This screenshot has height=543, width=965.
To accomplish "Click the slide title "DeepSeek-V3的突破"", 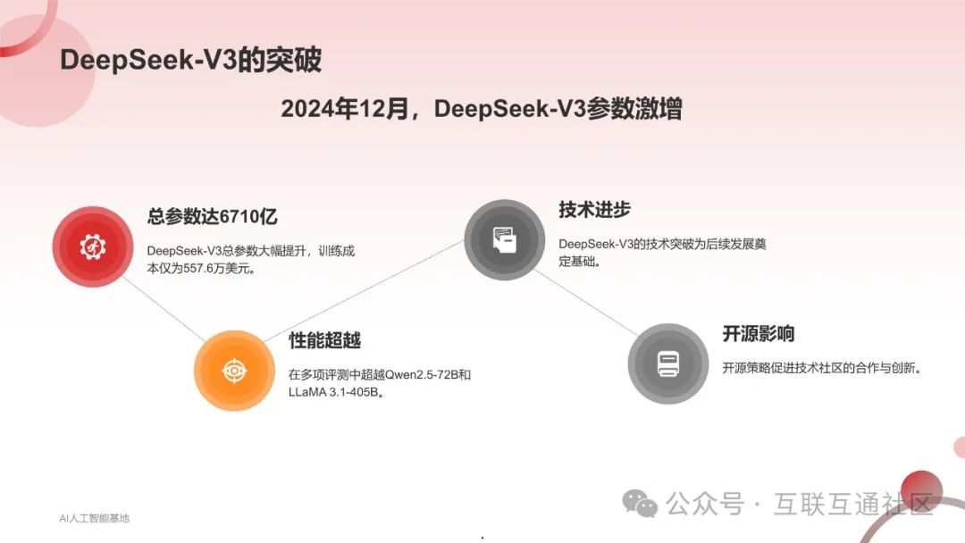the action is click(x=190, y=60).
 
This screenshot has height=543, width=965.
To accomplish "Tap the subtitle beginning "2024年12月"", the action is click(x=482, y=109).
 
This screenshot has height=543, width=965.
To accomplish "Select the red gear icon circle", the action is click(x=93, y=246).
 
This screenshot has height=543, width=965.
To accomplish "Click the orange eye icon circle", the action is click(x=234, y=371).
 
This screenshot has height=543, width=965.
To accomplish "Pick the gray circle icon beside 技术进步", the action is click(x=504, y=239).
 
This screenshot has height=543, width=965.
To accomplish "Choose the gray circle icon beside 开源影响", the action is click(x=667, y=363).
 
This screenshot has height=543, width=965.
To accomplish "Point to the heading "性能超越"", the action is click(x=324, y=340).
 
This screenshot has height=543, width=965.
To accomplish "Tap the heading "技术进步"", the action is click(x=594, y=210).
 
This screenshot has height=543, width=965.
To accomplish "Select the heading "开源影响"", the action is click(x=758, y=334).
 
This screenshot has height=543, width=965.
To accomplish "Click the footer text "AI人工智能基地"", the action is click(x=94, y=518).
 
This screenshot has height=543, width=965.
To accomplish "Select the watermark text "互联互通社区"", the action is click(x=853, y=504).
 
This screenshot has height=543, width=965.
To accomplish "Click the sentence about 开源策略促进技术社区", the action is click(x=821, y=368).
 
